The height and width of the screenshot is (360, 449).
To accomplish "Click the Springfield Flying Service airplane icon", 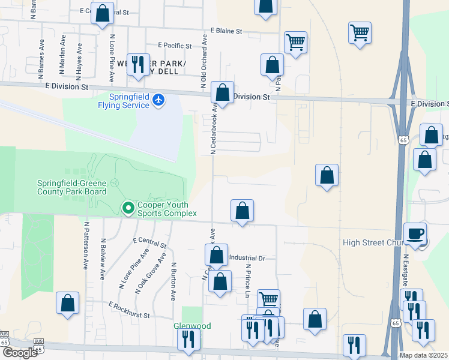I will point(158,99).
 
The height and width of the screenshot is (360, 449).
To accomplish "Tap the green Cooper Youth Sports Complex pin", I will point(128,208).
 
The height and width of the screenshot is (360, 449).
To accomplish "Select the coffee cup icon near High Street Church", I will point(415,234).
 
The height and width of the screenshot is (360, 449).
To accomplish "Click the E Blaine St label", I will point(226,31).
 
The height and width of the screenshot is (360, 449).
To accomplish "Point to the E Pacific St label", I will point(175,45).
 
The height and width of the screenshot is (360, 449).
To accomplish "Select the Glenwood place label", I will point(192,326).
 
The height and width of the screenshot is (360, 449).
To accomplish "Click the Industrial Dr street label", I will point(247,258).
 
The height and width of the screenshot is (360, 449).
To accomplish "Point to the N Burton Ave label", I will point(173,281).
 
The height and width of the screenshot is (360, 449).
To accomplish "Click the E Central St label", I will point(149,242).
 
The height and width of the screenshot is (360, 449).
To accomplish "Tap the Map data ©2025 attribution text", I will point(423,355).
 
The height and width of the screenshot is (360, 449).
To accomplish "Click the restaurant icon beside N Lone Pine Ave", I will point(138,65).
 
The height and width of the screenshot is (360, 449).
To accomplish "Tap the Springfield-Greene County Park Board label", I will point(72,187).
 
